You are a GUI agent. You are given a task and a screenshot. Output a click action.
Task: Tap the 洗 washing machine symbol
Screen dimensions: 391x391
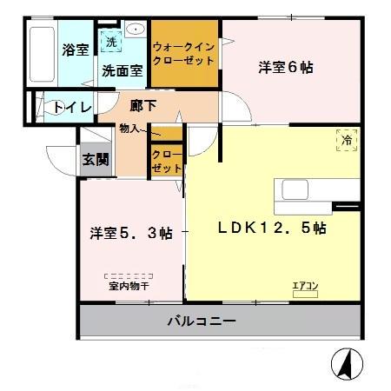110,41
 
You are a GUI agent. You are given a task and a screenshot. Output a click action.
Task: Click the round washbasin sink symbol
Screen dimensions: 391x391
136,30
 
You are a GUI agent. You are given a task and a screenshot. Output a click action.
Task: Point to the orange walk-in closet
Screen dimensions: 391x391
183,54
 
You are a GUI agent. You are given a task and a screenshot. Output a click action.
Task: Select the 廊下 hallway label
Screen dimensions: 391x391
143,107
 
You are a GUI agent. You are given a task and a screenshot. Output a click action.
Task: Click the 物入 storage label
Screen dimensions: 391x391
129,128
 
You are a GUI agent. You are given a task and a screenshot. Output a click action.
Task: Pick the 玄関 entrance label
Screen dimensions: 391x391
96,158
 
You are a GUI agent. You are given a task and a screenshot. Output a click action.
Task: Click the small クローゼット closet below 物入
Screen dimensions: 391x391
167,161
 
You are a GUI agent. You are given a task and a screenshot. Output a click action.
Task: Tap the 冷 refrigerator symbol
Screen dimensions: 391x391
346,138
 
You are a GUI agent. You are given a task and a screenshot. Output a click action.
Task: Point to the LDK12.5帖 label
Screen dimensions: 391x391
271,229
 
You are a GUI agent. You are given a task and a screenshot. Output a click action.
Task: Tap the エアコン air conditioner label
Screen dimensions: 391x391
305,285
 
